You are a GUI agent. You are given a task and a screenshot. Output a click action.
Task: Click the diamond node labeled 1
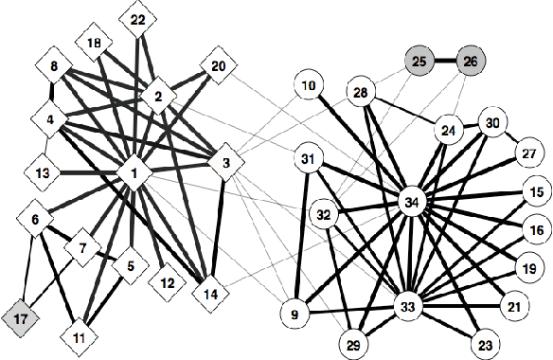(x=135, y=173)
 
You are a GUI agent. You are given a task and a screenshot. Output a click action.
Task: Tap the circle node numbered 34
(x=411, y=202)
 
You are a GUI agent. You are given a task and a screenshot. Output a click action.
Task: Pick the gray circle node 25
(x=420, y=63)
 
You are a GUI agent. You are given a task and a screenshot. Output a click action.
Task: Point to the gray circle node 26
(x=470, y=63)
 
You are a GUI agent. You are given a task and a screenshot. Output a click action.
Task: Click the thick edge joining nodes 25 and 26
(x=445, y=63)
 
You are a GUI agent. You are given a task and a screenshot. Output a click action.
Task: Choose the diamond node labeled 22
(x=138, y=20)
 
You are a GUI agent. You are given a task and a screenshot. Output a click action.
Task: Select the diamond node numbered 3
(x=226, y=164)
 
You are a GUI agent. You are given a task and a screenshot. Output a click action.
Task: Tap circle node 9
(x=294, y=313)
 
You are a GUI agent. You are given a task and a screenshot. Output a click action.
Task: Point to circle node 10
(x=309, y=88)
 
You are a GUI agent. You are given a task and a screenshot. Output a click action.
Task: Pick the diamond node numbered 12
(x=168, y=282)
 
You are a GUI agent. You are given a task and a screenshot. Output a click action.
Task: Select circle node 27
(x=526, y=153)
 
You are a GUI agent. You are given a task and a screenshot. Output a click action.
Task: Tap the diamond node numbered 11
(x=79, y=337)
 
